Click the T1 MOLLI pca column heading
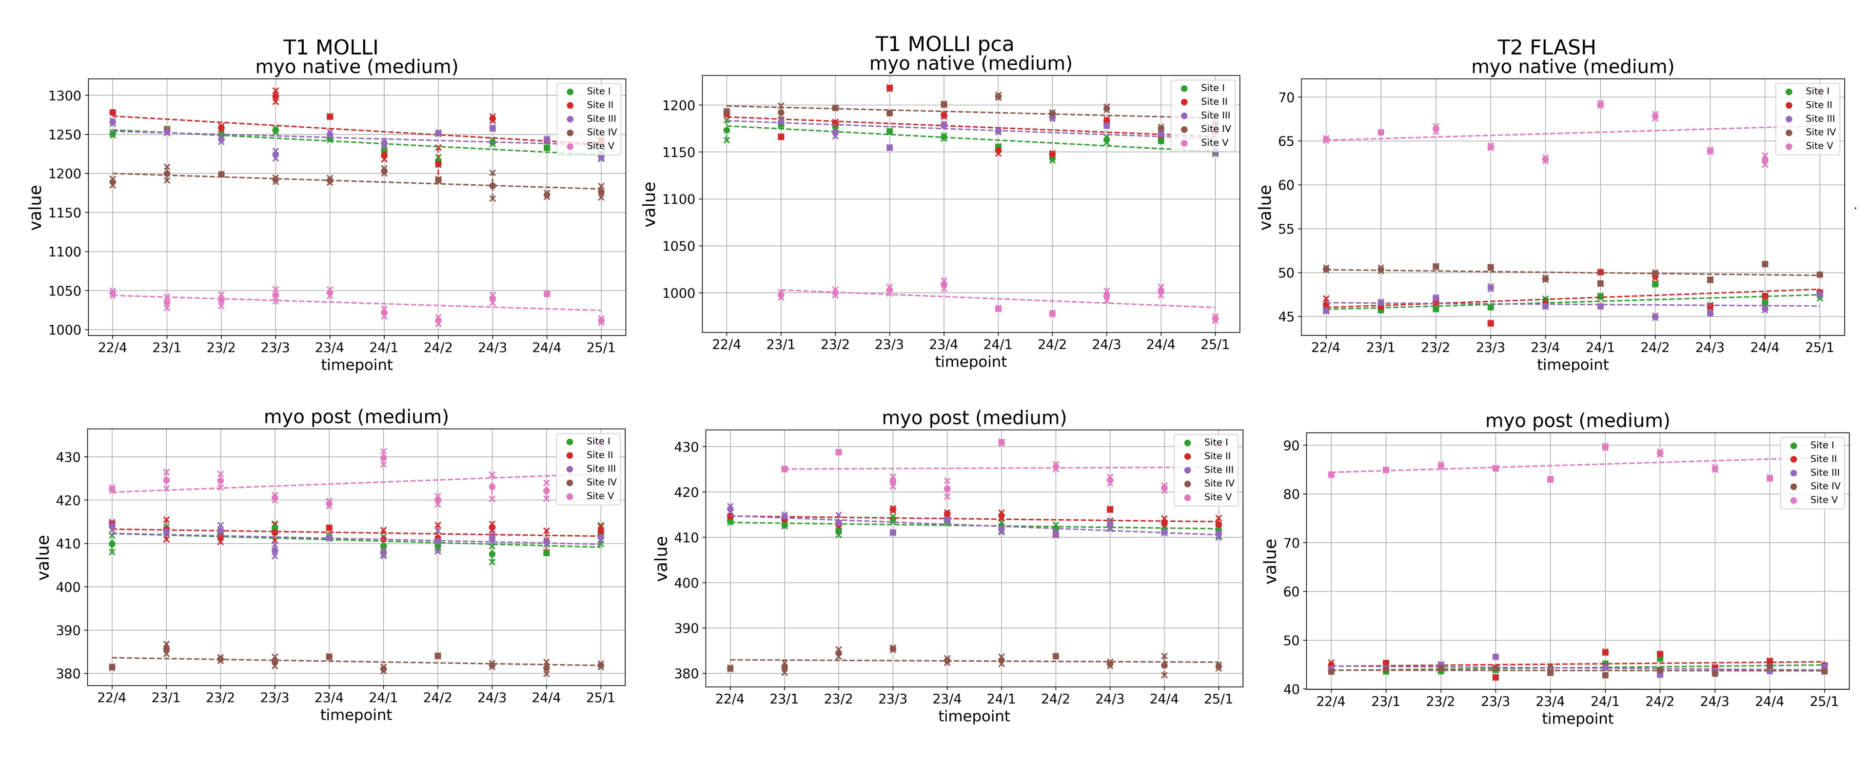point(944,44)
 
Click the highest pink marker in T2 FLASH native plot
point(1600,104)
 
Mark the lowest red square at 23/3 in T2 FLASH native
point(1490,323)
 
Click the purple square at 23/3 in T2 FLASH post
point(1495,657)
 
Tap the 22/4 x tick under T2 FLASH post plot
point(1331,702)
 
